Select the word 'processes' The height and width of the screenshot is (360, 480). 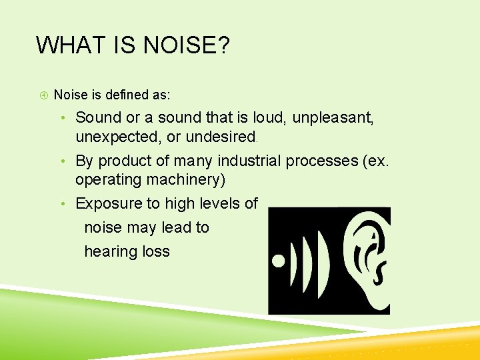pyautogui.click(x=325, y=161)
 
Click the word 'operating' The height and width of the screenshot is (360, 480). pyautogui.click(x=107, y=180)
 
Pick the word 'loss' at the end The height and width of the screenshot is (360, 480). pyautogui.click(x=157, y=251)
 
